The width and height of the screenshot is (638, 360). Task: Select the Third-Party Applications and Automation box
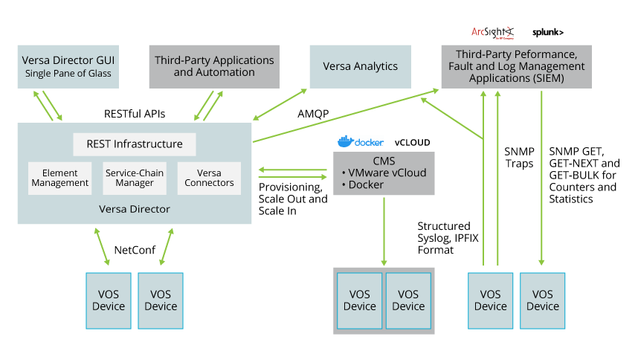click(x=213, y=66)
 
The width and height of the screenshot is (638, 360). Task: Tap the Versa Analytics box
click(x=360, y=66)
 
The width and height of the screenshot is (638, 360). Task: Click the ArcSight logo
click(x=492, y=32)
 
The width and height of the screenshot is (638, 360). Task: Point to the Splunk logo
click(x=548, y=33)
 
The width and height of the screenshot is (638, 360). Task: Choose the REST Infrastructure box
click(x=134, y=144)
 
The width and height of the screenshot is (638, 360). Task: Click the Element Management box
click(x=59, y=178)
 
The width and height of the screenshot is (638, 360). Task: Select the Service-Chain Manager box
click(x=135, y=178)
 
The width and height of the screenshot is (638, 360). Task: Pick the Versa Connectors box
click(x=209, y=178)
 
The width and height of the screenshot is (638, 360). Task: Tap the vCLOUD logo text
click(x=412, y=142)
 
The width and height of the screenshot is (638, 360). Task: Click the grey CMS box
click(x=384, y=173)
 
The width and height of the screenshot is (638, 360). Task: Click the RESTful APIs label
click(x=135, y=114)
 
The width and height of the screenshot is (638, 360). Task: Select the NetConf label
click(x=135, y=250)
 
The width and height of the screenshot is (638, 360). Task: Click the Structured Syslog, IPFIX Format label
click(x=443, y=238)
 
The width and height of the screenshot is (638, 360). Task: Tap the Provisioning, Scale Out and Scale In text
click(x=293, y=199)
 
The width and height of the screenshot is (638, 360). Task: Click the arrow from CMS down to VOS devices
click(x=384, y=231)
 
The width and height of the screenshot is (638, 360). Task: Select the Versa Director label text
click(x=134, y=209)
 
